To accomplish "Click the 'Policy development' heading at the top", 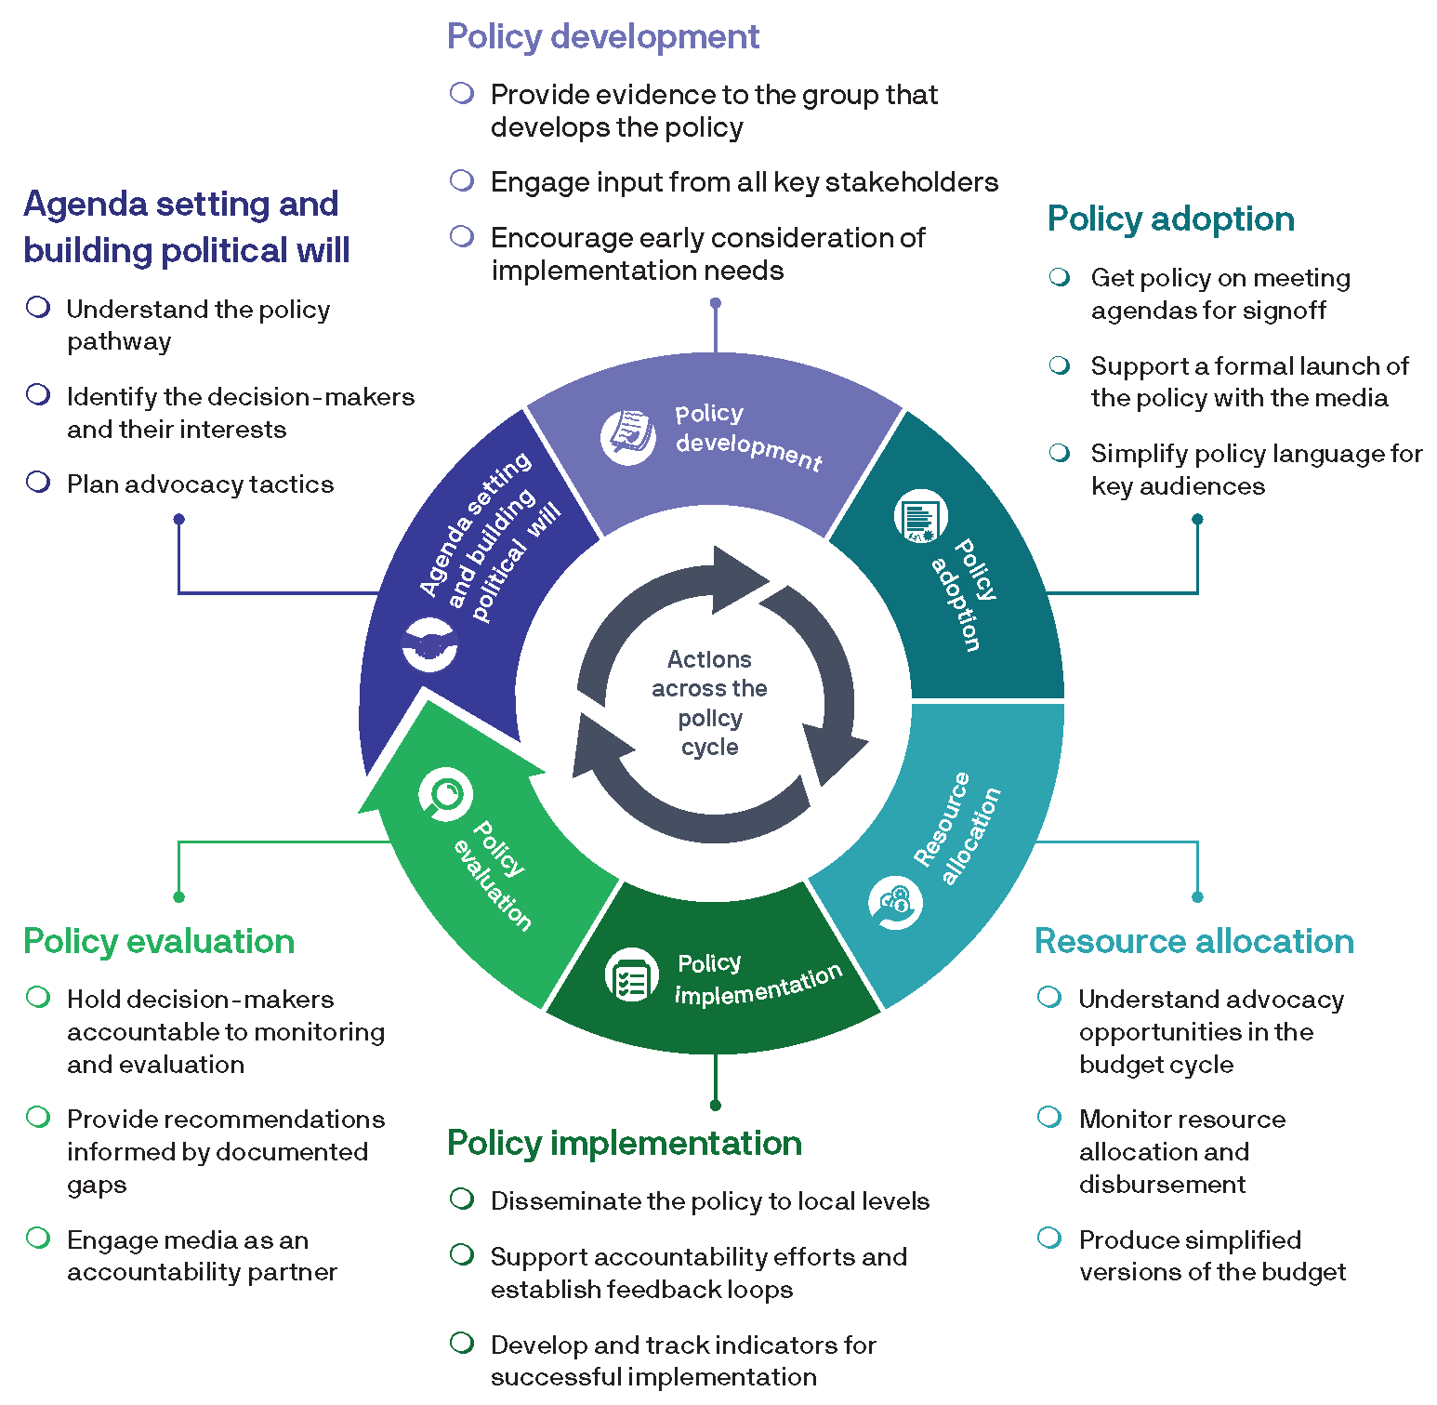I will (602, 37).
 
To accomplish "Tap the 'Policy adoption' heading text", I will (1170, 219).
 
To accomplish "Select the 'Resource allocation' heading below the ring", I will (1193, 941).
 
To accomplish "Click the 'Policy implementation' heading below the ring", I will (624, 1143).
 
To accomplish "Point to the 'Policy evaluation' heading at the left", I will (159, 941).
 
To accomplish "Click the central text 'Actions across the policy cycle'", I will (709, 703).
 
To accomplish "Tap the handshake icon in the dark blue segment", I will (429, 644).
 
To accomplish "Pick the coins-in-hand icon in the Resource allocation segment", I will (895, 902).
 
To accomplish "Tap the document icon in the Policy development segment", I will (628, 434).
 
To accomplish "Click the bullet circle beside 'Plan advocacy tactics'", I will (38, 483).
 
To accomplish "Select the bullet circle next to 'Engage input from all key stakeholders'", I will (462, 180).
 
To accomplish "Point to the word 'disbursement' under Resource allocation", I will (1162, 1185).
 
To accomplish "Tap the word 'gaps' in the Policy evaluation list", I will (97, 1186).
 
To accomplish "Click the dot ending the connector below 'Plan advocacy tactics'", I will (179, 519).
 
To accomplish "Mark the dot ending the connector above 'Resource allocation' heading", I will (1197, 897).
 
